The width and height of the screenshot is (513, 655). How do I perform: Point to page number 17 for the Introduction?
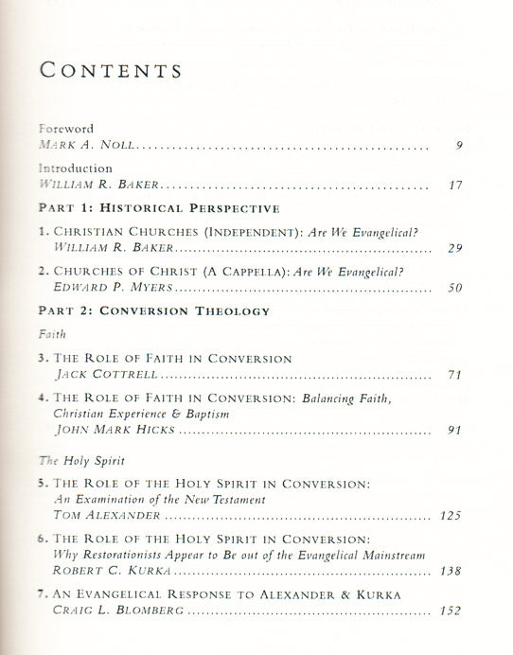click(454, 186)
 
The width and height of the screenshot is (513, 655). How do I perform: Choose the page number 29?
click(454, 248)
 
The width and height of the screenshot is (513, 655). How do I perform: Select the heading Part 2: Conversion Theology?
click(152, 310)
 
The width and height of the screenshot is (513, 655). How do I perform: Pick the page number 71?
click(454, 376)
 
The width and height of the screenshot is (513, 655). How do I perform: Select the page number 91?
click(454, 431)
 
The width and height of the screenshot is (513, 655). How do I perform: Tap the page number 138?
click(451, 572)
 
